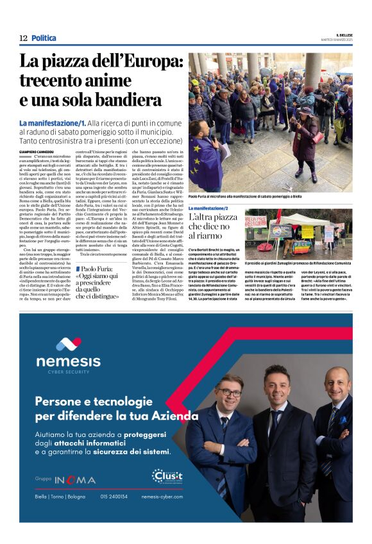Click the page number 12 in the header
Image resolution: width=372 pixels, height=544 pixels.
[x=23, y=38]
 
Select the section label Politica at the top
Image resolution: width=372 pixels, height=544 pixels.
[x=44, y=38]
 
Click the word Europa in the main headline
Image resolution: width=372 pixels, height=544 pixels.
[x=153, y=63]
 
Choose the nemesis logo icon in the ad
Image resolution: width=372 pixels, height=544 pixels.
[x=69, y=343]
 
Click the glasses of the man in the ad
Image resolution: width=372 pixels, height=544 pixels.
[x=230, y=392]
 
